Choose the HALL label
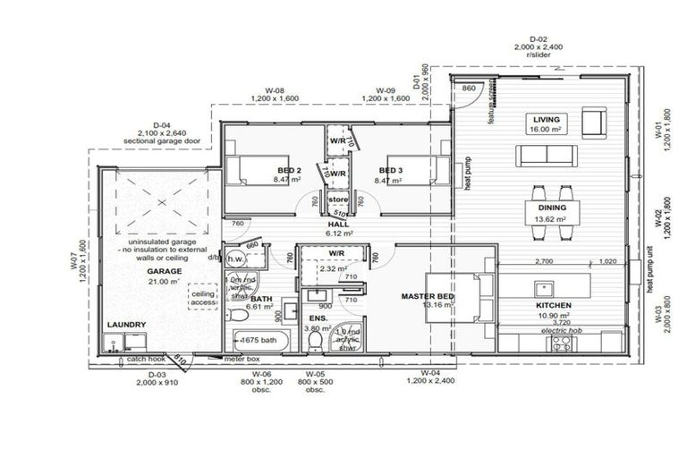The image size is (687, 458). pyautogui.click(x=339, y=224)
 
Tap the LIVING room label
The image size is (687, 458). pyautogui.click(x=546, y=119)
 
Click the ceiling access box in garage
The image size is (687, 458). pyautogui.click(x=205, y=298)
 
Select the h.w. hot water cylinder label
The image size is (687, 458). pyautogui.click(x=235, y=259)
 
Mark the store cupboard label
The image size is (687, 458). pyautogui.click(x=338, y=199)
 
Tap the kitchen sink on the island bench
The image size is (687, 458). pyautogui.click(x=541, y=288)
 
